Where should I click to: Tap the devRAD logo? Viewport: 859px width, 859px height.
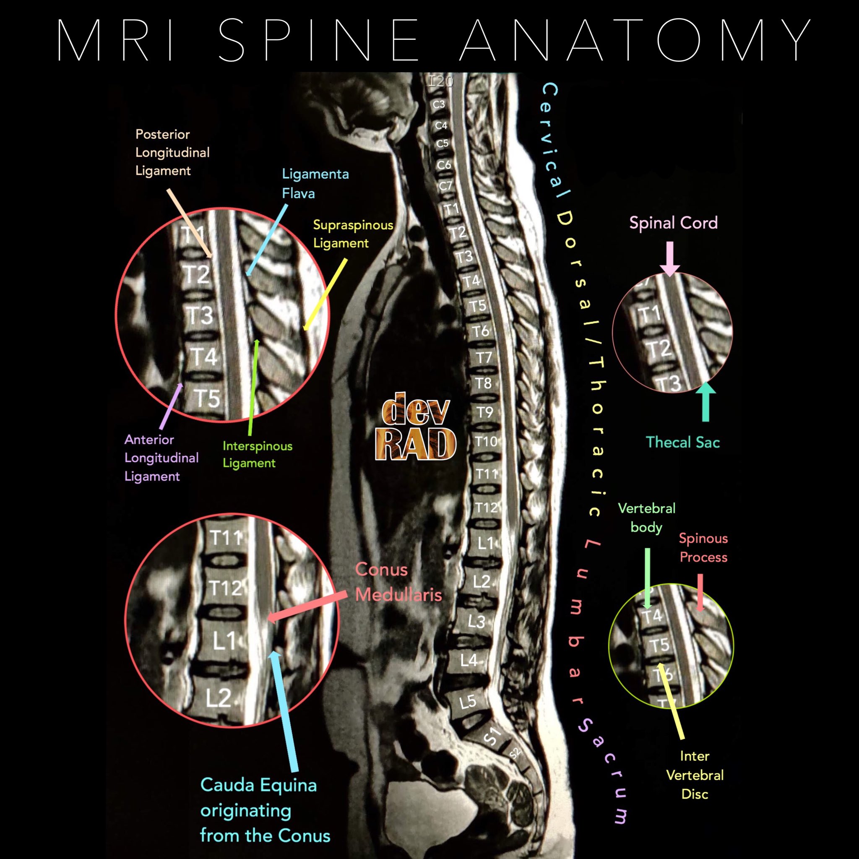[415, 427]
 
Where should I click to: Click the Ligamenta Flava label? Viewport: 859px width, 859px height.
[315, 183]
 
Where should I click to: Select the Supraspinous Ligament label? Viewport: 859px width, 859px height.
[353, 234]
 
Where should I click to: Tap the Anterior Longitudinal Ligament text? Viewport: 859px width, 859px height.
[161, 458]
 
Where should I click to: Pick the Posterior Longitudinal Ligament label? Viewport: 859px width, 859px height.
[172, 152]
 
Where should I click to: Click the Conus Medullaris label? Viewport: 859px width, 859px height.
[398, 582]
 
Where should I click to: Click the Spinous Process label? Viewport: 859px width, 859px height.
[703, 547]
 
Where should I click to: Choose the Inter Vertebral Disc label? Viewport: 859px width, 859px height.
[695, 775]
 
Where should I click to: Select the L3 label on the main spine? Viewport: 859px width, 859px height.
[476, 621]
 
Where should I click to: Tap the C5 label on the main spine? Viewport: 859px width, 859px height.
[442, 143]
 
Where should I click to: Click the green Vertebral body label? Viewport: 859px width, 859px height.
[646, 518]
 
